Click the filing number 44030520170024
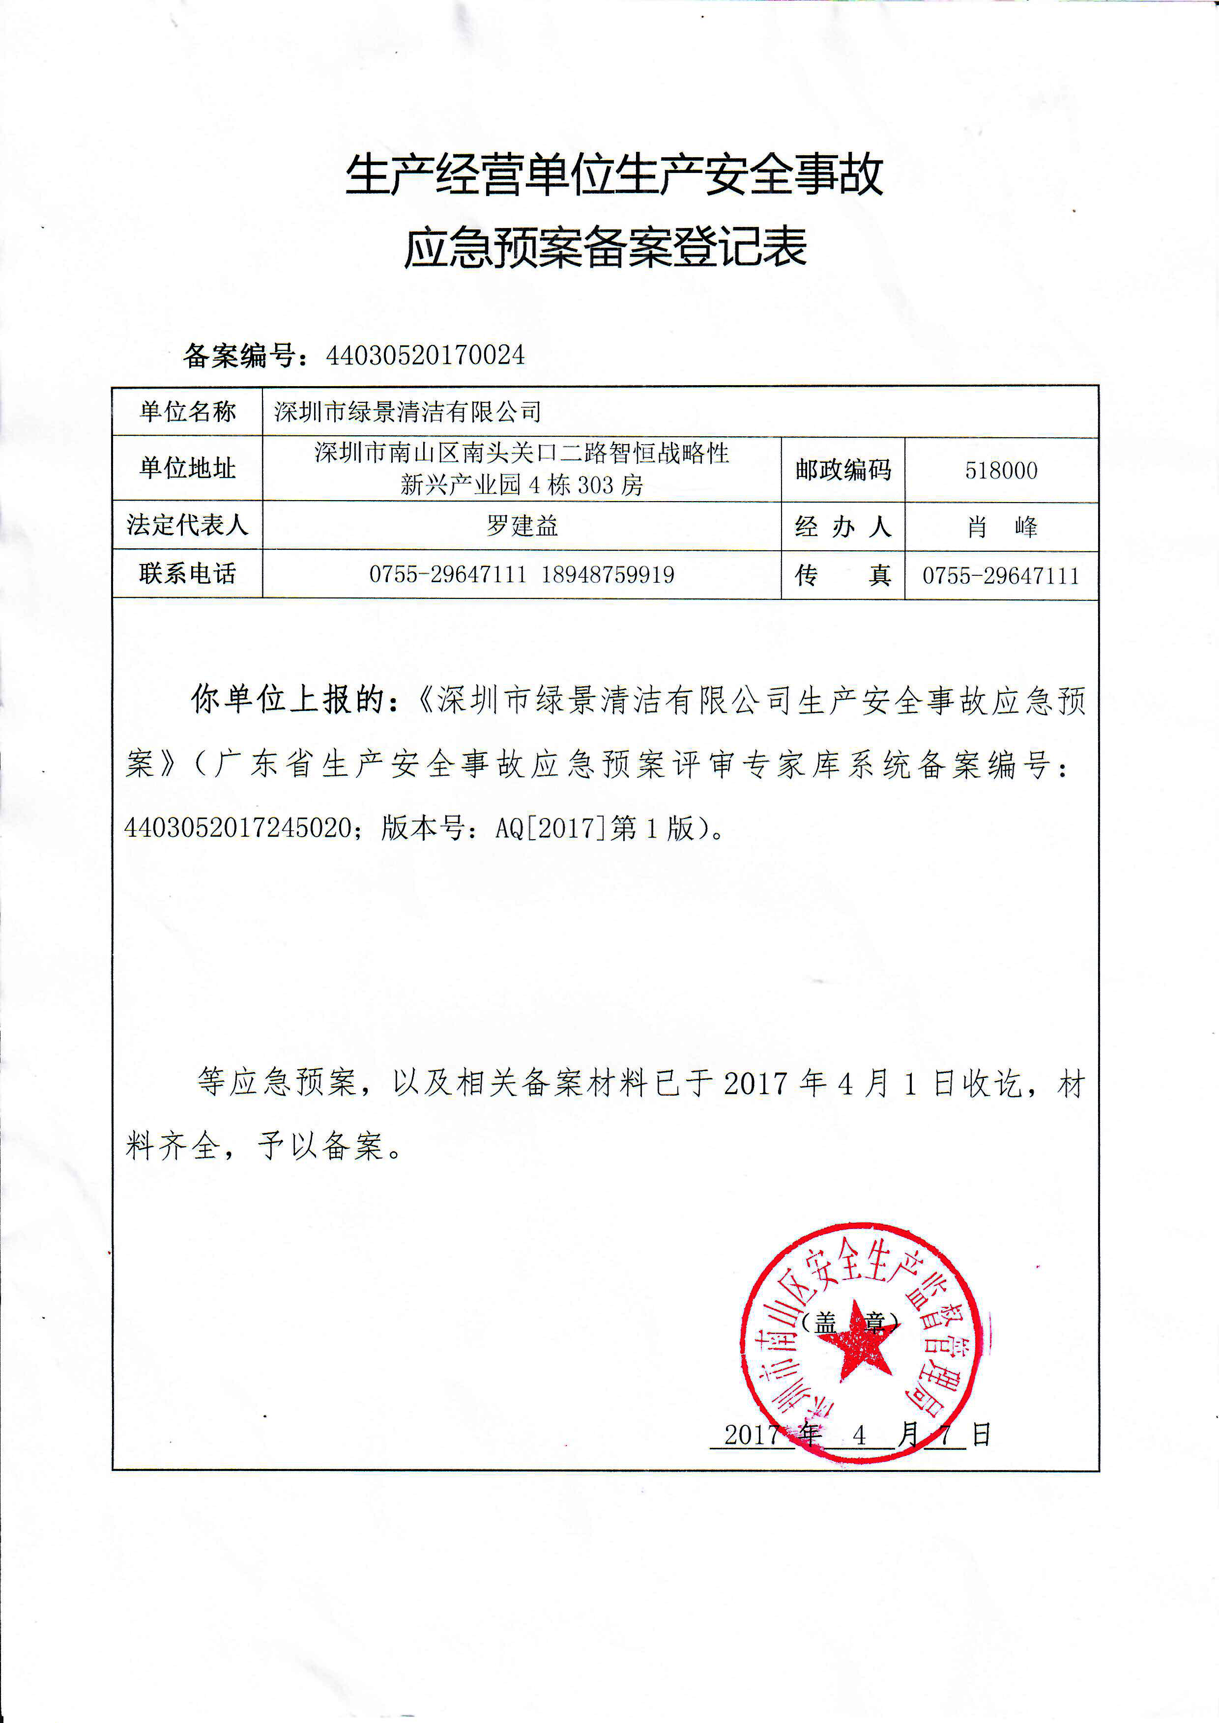425,355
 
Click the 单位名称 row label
188,411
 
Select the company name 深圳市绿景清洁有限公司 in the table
407,411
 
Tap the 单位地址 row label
188,468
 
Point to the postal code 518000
1001,471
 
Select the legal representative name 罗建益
522,525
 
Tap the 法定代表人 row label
188,525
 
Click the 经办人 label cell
843,527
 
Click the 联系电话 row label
188,574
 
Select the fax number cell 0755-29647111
1001,576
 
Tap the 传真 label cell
843,576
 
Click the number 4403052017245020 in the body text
239,828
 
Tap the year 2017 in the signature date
752,1435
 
